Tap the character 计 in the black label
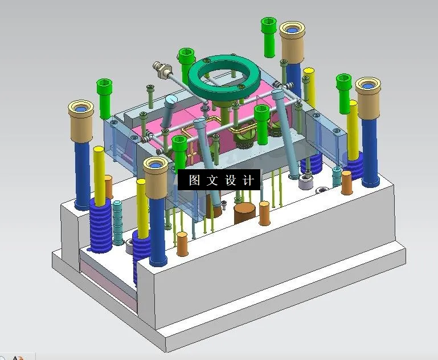coord(248,181)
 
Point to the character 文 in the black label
coord(212,181)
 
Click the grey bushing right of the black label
coord(305,182)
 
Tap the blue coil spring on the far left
coord(100,225)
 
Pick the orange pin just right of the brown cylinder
coord(264,213)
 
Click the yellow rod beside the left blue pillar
coord(99,177)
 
